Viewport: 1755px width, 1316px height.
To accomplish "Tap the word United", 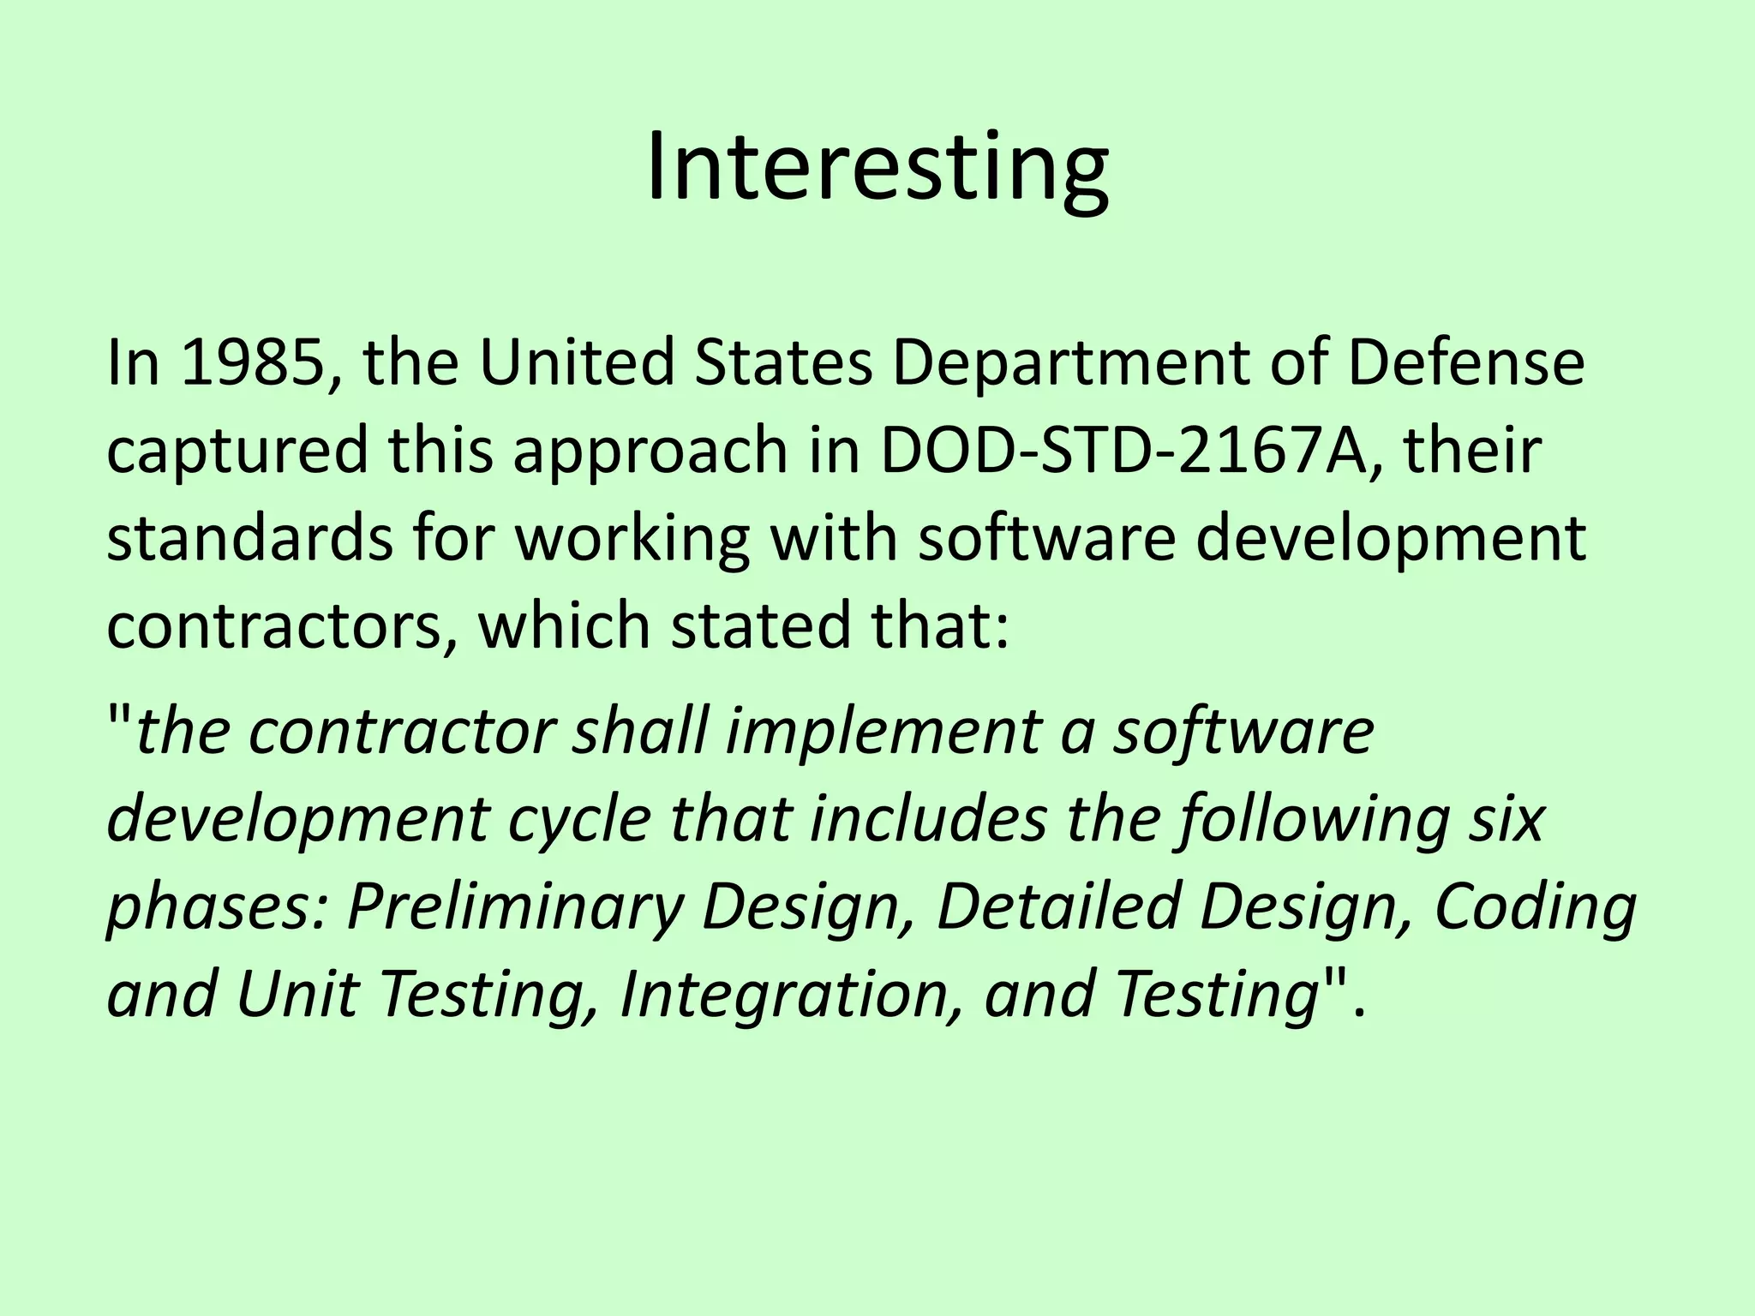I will click(576, 362).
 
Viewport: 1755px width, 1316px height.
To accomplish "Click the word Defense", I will click(1465, 362).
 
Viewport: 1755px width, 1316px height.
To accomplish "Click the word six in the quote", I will click(1507, 820).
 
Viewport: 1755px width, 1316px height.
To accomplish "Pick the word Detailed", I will click(1058, 908).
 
